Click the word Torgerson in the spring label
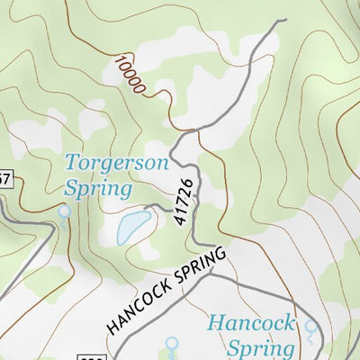click(x=115, y=164)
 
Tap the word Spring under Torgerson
click(x=98, y=189)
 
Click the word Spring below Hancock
click(x=261, y=348)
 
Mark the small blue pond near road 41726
click(x=134, y=227)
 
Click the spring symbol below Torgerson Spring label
click(x=63, y=211)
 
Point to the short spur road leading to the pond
click(x=157, y=208)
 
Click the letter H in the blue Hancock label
click(x=215, y=323)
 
